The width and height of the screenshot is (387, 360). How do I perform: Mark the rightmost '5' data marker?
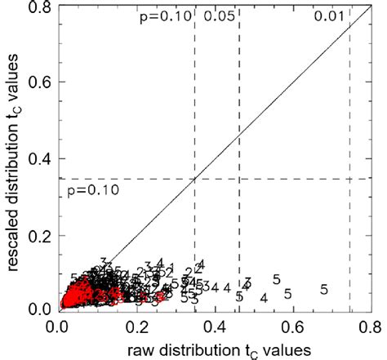tap(324, 289)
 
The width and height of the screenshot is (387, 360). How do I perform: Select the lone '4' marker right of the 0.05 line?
tap(263, 298)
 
